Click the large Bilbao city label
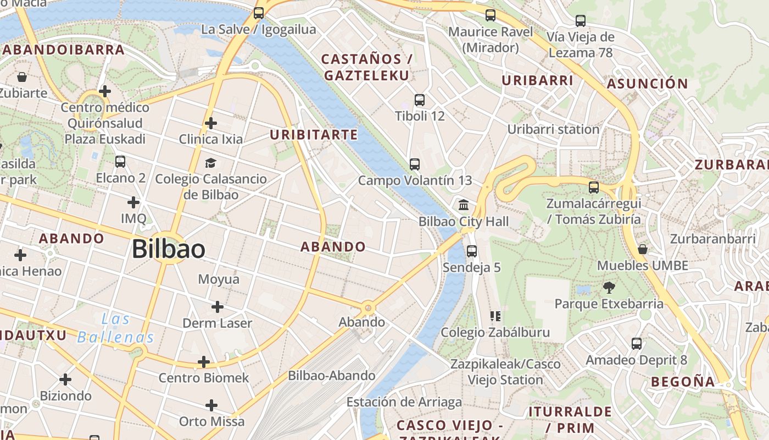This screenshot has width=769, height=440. (169, 250)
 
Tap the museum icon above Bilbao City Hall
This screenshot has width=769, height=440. (464, 205)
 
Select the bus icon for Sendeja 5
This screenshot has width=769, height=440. (471, 251)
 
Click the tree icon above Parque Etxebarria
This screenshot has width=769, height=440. (609, 287)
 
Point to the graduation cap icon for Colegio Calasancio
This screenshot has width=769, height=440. (210, 163)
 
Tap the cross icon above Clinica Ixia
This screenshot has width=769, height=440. (210, 123)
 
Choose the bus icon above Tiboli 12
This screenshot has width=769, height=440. (420, 100)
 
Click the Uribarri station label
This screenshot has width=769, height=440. (553, 130)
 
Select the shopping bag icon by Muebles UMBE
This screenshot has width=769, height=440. (642, 250)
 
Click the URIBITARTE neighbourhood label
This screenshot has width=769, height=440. (314, 135)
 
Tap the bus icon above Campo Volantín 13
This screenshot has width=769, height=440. (415, 164)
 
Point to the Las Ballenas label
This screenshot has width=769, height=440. (116, 328)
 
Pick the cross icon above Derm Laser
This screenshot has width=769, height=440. (218, 306)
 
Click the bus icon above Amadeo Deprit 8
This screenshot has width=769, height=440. (637, 344)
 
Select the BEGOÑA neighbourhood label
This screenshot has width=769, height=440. (683, 382)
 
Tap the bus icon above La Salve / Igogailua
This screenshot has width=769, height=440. (259, 13)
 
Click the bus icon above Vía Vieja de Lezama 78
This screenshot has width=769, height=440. (581, 21)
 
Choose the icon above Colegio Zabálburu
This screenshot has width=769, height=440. (495, 316)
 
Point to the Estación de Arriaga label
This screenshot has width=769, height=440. (404, 402)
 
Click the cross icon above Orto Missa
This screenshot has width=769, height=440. (211, 405)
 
